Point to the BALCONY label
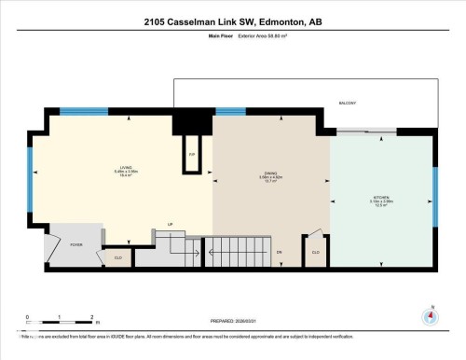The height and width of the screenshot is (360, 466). pyautogui.click(x=347, y=103)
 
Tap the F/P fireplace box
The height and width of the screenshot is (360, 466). pyautogui.click(x=192, y=155)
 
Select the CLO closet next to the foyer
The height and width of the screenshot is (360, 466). pyautogui.click(x=118, y=256)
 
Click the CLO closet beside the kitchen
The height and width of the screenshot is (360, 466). pyautogui.click(x=315, y=251)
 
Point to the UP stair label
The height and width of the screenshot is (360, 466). pyautogui.click(x=171, y=224)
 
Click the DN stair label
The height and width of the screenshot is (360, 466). pyautogui.click(x=279, y=252)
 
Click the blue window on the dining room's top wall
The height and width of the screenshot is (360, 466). pyautogui.click(x=230, y=112)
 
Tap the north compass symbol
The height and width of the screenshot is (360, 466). pyautogui.click(x=430, y=315)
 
